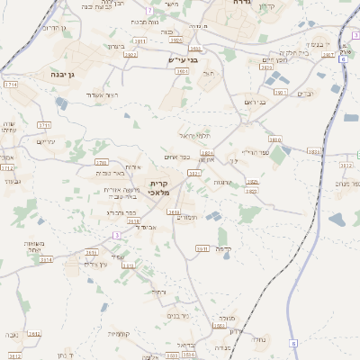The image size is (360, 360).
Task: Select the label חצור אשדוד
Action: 95,94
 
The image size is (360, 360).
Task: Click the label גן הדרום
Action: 55,28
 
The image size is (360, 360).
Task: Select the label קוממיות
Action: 120,334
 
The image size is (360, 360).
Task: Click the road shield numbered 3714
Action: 11,84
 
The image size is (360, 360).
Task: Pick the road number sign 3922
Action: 131,54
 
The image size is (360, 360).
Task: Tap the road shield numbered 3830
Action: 274,140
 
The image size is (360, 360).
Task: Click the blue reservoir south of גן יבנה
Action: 61,103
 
